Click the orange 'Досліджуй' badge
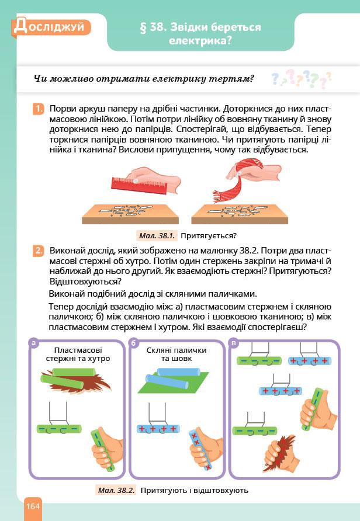[52, 26]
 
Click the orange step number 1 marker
[38, 109]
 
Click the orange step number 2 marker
[38, 251]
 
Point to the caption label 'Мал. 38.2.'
[115, 490]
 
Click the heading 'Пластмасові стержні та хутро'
[78, 354]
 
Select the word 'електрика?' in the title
[200, 41]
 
